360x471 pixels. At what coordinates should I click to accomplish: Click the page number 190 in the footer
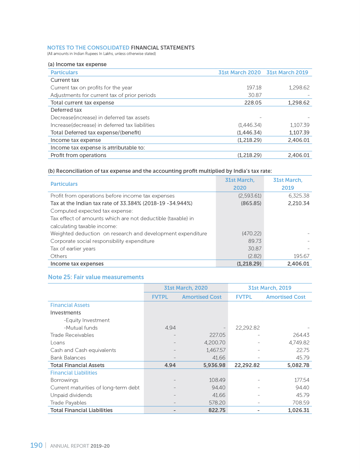36,445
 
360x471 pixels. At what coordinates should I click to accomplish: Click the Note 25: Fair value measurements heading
96,277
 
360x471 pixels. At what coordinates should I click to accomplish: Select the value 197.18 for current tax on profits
254,88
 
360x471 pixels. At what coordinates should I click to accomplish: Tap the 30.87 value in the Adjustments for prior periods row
255,95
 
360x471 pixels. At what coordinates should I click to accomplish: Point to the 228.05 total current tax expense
253,103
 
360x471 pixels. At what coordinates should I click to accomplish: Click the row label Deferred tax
66,110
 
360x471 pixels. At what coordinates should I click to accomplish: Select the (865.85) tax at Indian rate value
251,203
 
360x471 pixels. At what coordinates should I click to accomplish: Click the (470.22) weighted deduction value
251,234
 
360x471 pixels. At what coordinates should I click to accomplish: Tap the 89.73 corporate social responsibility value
255,241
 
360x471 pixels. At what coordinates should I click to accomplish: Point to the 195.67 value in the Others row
301,256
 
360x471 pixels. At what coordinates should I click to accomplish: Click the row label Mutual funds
81,328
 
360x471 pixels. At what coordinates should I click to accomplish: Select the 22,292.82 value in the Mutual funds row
248,328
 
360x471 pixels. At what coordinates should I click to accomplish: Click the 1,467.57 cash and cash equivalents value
216,350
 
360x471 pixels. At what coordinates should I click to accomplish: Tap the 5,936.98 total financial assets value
214,365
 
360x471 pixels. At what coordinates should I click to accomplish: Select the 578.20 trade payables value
217,403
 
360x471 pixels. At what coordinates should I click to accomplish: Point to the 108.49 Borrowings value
217,380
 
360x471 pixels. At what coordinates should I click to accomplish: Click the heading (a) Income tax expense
77,64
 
